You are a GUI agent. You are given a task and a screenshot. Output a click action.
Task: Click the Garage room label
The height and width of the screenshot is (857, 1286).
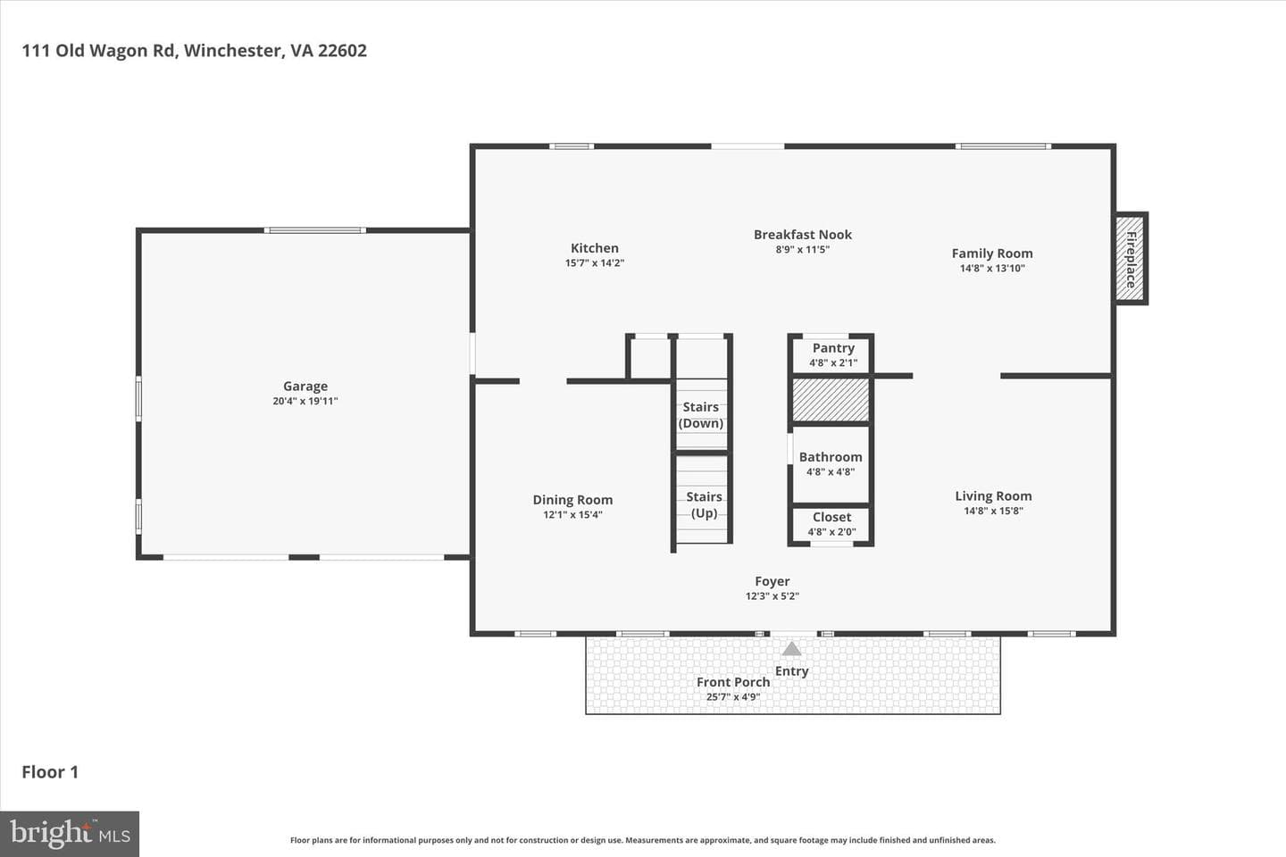305,387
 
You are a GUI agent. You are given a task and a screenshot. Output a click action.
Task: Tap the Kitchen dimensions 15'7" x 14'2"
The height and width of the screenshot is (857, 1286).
594,262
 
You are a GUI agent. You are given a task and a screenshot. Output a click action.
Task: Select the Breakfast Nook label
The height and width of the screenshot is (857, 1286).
803,234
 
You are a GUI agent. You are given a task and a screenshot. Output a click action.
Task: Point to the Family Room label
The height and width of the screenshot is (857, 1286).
992,254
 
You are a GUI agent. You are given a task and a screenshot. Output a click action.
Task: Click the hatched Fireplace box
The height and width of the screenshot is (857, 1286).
1129,258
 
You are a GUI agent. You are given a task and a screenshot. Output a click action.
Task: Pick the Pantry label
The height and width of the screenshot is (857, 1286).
833,348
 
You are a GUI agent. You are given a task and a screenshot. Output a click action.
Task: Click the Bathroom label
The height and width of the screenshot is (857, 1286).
831,457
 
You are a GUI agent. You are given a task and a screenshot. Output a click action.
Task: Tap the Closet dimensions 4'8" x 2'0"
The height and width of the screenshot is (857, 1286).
831,531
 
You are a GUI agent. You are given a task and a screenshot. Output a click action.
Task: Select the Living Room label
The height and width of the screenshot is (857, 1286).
993,496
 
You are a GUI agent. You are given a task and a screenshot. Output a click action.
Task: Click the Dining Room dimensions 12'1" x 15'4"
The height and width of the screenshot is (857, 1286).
572,514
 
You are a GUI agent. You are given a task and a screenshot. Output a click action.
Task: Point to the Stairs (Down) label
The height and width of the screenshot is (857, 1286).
700,415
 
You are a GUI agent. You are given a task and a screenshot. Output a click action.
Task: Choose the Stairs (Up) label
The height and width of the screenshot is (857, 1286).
704,504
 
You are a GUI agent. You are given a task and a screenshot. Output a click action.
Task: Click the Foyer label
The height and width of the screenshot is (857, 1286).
772,581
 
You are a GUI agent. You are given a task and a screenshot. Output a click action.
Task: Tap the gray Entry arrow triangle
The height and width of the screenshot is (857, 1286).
791,649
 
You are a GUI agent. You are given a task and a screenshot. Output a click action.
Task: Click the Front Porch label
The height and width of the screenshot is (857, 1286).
733,682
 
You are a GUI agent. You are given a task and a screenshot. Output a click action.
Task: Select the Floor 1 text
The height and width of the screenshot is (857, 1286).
50,772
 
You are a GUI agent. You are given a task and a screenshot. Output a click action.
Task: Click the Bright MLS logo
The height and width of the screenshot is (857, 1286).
70,834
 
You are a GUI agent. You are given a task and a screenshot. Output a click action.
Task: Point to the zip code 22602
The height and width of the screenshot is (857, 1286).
342,51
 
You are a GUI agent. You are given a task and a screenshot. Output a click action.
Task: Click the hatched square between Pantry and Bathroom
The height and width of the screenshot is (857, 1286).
831,400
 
